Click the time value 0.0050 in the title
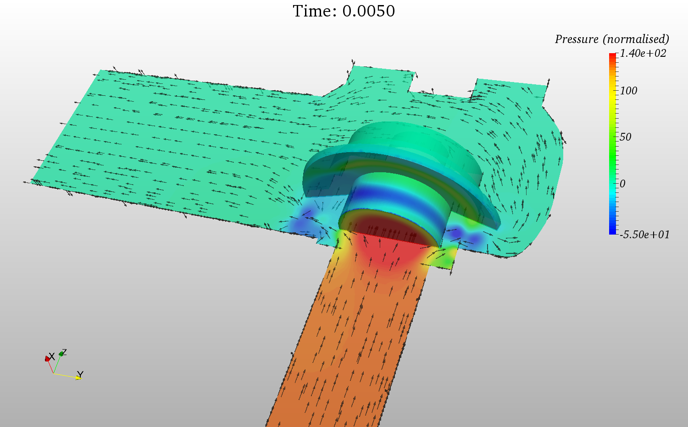[x=369, y=11]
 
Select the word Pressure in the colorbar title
[x=577, y=39]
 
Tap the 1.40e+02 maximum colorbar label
[x=643, y=54]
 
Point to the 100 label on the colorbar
[x=628, y=91]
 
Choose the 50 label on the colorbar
[x=625, y=137]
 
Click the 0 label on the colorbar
[x=622, y=184]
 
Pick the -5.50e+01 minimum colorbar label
[x=644, y=235]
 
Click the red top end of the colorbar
[x=613, y=56]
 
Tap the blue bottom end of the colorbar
[x=613, y=232]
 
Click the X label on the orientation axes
[x=52, y=356]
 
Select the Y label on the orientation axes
[x=80, y=374]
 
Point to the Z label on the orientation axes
[x=64, y=352]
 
